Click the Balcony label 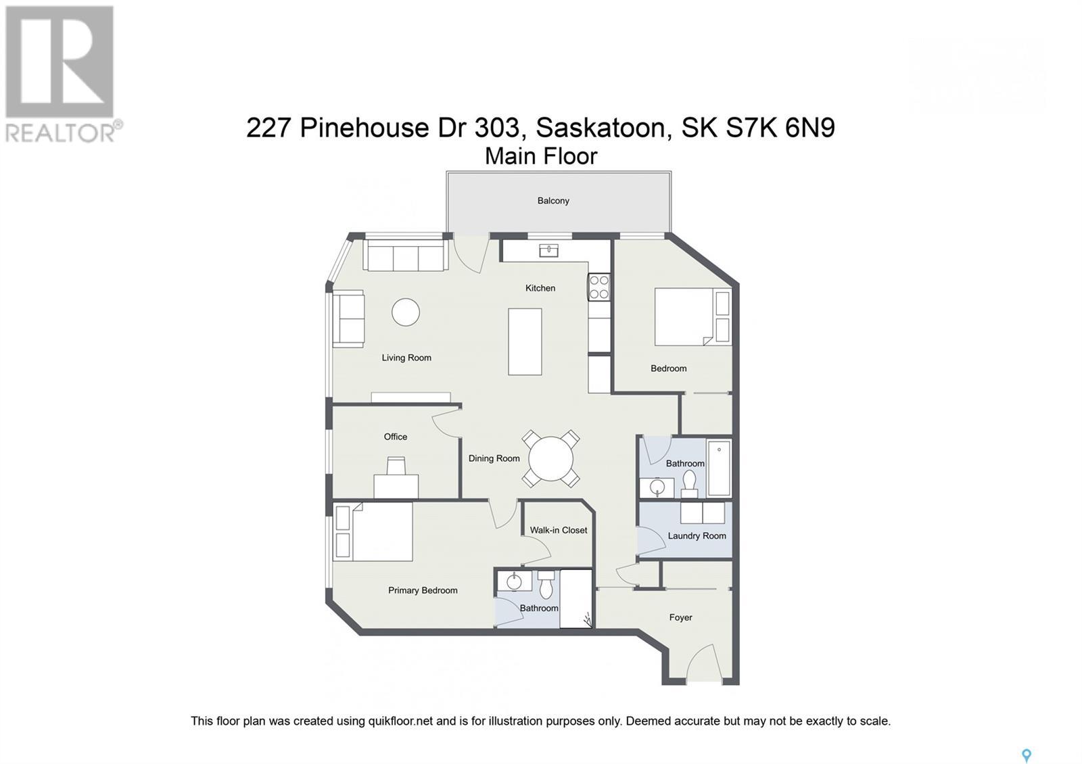coord(553,201)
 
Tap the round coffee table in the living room coord(406,312)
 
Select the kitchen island coord(525,341)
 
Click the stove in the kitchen coord(599,287)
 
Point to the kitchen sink coord(548,251)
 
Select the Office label coord(396,437)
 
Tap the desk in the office coord(396,485)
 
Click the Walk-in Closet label coord(559,530)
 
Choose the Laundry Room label coord(697,536)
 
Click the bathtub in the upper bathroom coord(719,469)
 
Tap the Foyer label coord(680,617)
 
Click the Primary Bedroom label coord(423,590)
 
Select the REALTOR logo coord(63,74)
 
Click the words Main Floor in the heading coord(541,156)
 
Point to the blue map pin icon coord(1026,755)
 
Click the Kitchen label coord(540,288)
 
